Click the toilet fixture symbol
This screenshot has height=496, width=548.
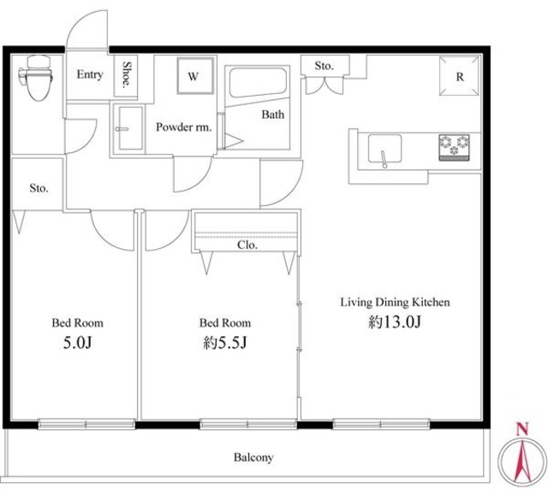[36, 77]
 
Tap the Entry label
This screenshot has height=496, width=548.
[90, 74]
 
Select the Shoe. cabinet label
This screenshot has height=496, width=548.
[127, 74]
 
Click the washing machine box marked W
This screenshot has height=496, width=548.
[195, 76]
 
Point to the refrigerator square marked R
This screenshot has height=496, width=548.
[459, 76]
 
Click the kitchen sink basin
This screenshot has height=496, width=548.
[384, 148]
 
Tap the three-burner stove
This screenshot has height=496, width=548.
[454, 147]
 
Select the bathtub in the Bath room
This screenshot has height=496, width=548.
[258, 82]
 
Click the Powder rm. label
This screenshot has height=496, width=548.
[184, 127]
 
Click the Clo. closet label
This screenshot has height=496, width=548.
[247, 245]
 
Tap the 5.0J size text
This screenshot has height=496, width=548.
[77, 342]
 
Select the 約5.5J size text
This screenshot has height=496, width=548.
[225, 342]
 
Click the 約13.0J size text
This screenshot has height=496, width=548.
[395, 322]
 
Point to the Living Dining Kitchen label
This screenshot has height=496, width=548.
[395, 302]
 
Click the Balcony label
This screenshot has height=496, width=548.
[253, 458]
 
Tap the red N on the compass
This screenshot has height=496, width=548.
[522, 428]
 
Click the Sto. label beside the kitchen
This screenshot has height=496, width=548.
[324, 66]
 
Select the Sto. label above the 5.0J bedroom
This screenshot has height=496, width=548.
[39, 188]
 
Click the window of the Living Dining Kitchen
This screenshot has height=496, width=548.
[381, 424]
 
